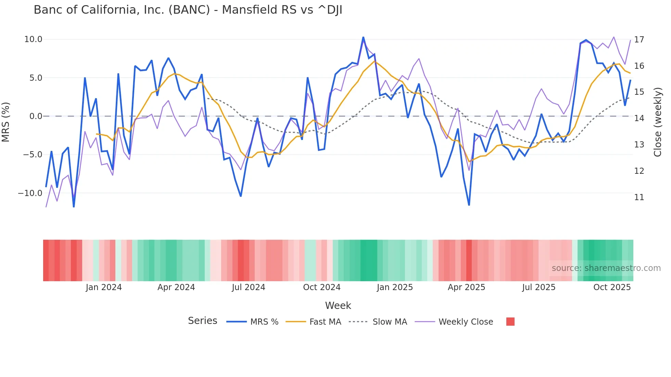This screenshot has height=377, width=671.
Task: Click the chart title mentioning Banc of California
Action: [188, 10]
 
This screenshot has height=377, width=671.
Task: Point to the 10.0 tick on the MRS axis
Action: [33, 39]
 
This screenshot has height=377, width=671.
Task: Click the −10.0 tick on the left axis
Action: [30, 193]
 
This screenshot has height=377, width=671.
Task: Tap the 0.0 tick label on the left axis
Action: [36, 116]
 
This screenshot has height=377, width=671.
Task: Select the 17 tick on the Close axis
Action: [639, 40]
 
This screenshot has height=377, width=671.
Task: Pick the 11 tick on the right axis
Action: [639, 197]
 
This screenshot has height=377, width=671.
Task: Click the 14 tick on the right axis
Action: [639, 118]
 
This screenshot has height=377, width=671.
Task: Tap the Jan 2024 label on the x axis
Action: [104, 287]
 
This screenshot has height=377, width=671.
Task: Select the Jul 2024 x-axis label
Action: [249, 287]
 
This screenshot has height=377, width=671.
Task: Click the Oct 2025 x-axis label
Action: [612, 287]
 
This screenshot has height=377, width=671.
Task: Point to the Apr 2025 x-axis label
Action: [466, 287]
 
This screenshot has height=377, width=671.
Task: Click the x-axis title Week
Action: [338, 305]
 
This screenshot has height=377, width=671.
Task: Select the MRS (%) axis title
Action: [6, 122]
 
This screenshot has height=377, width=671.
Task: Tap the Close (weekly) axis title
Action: [658, 122]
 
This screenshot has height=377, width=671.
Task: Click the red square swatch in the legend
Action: [510, 322]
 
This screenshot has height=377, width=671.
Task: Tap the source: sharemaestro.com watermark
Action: [606, 268]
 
